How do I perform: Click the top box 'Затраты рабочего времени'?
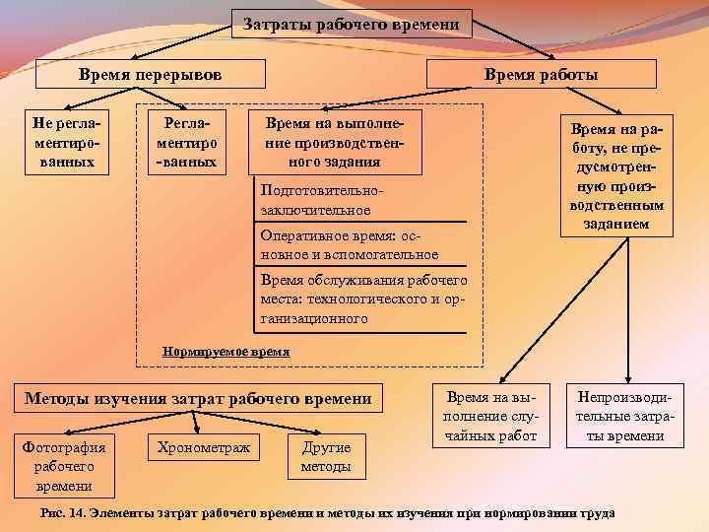353,24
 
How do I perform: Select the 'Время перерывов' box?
151,75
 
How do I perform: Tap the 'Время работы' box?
541,75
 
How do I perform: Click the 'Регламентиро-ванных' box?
187,140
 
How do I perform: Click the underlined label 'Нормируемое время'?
226,351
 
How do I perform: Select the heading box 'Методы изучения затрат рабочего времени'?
198,398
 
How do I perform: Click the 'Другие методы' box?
326,457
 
